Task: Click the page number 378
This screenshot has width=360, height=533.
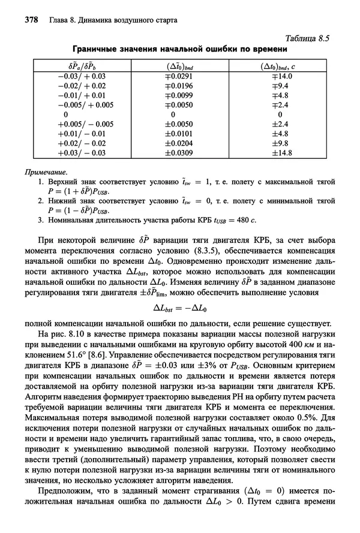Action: (31, 20)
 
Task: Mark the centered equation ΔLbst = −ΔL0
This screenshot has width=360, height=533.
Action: (179, 309)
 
